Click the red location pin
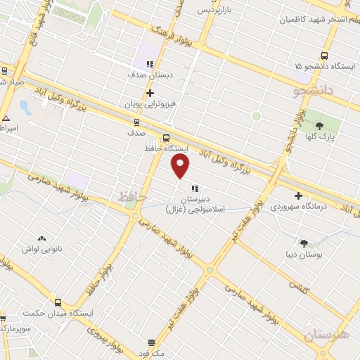(181, 166)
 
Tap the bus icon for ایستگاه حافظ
(167, 138)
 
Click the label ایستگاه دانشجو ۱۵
(323, 66)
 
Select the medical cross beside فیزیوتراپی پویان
(150, 93)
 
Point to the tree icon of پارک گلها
(320, 126)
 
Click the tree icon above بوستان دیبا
(304, 243)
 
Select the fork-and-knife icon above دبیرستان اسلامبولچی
(195, 188)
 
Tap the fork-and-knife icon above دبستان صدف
(150, 64)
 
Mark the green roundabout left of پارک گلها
(256, 116)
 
